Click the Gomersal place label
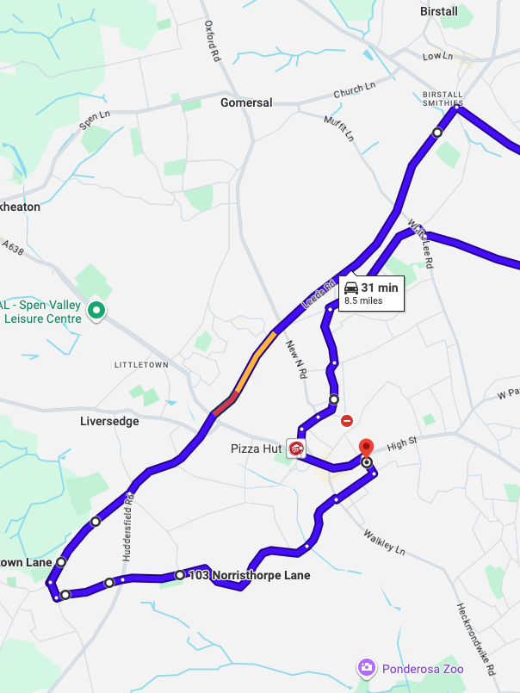pos(246,102)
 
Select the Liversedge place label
pos(109,422)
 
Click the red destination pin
pos(366,448)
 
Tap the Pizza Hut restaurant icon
pos(296,449)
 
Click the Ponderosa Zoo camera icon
pos(367,667)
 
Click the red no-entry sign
pos(347,421)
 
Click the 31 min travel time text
pos(380,288)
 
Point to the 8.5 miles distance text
pos(363,301)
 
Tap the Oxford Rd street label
pos(211,41)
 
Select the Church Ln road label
pos(356,90)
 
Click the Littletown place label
pos(141,365)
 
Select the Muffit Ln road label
pos(338,128)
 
